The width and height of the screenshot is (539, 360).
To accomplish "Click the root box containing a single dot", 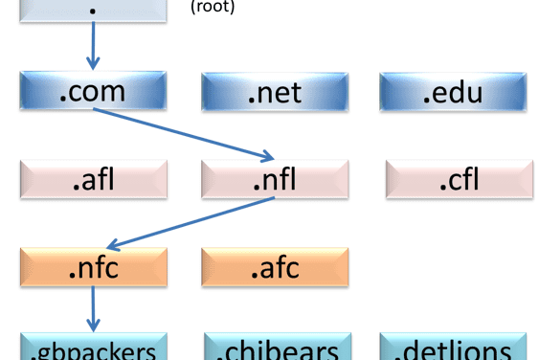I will (x=93, y=10).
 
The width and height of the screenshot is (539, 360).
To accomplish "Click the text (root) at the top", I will (x=213, y=7).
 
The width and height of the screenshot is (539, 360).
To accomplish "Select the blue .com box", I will (x=93, y=91).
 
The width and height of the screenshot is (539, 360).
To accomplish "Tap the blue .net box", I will (x=275, y=92).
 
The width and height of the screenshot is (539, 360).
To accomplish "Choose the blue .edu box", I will (x=452, y=92).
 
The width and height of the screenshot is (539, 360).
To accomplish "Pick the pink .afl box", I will (x=93, y=179).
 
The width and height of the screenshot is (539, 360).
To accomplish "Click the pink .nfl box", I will (x=275, y=179).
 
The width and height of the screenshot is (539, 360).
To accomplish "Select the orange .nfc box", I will (x=93, y=267).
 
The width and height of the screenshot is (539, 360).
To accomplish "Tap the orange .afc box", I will (x=275, y=267).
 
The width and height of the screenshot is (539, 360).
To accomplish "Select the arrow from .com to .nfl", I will (x=182, y=133).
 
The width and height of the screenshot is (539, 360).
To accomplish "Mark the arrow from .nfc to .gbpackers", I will (x=93, y=308).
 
